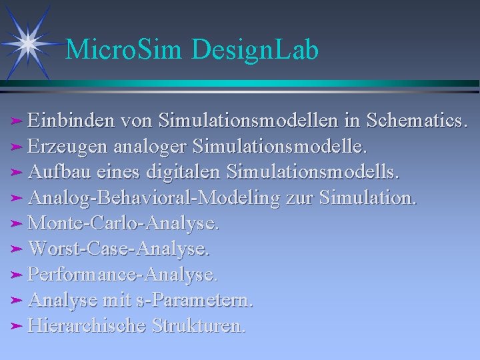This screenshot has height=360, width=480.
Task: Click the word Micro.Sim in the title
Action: [x=126, y=50]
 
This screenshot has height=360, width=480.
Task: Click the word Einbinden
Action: [x=73, y=121]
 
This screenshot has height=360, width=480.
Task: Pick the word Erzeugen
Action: [x=69, y=146]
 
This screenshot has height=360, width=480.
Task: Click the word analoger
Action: [x=150, y=146]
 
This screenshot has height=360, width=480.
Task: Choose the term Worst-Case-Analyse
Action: [x=119, y=249]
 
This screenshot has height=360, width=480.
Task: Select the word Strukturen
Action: [x=199, y=326]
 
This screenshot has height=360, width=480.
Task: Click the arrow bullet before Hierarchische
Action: [x=18, y=326]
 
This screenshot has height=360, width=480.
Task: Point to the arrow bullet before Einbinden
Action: [x=18, y=121]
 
